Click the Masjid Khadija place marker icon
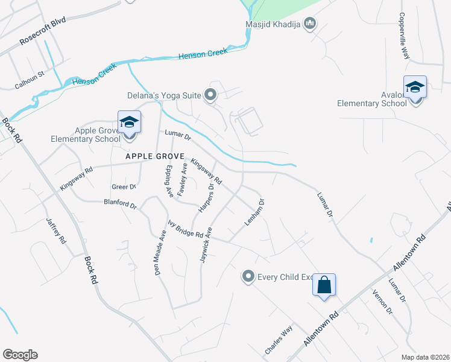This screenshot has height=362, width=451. point(311,24)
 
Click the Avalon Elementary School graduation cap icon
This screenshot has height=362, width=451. point(415,88)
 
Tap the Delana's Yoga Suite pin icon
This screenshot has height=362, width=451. point(210,94)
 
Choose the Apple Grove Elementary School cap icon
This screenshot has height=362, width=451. point(129,123)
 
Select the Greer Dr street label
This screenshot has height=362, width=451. point(124,187)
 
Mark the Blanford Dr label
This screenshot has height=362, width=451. point(121,204)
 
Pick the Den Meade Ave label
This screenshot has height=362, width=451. point(160,252)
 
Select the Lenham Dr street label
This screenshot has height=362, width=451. point(254,212)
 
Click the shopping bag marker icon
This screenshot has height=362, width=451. point(324,285)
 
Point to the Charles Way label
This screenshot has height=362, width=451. point(279,340)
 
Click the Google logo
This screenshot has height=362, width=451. point(20,355)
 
